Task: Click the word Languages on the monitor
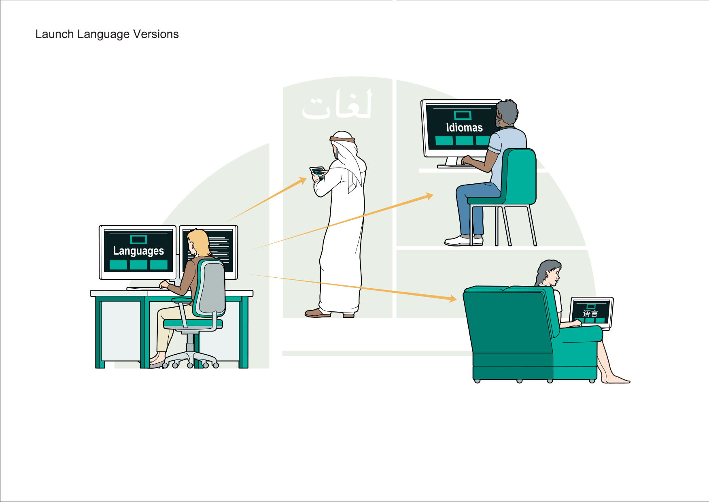(x=138, y=251)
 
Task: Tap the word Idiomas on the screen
(x=464, y=128)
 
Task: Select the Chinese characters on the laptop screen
(x=590, y=313)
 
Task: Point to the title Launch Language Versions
(x=107, y=34)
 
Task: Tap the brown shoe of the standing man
(x=318, y=313)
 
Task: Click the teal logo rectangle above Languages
(x=138, y=239)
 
